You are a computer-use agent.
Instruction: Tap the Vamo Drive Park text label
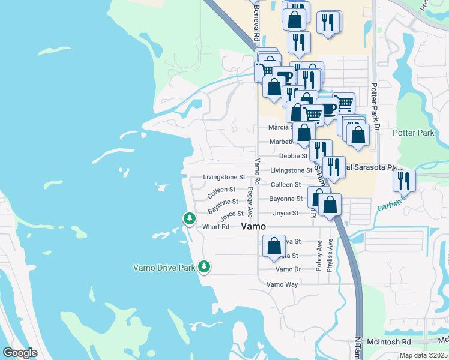(x=163, y=268)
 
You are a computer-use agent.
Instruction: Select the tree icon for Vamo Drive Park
(x=204, y=266)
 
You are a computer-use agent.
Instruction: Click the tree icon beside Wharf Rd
(x=190, y=219)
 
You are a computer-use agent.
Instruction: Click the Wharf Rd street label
(x=216, y=227)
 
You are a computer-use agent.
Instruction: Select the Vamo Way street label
(x=282, y=284)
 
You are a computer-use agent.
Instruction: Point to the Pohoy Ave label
(x=319, y=256)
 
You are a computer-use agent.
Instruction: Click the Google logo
(x=20, y=353)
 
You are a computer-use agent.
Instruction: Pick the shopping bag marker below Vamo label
(x=274, y=245)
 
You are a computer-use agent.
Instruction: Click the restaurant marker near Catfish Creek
(x=404, y=180)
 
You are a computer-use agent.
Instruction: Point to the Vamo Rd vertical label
(x=258, y=171)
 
